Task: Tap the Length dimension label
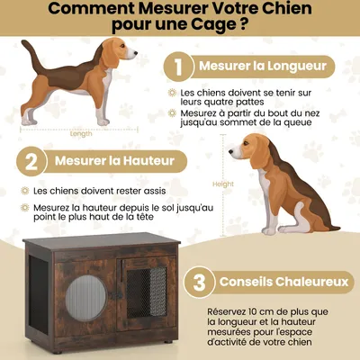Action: [x=80, y=134]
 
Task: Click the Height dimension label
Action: [x=222, y=184]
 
